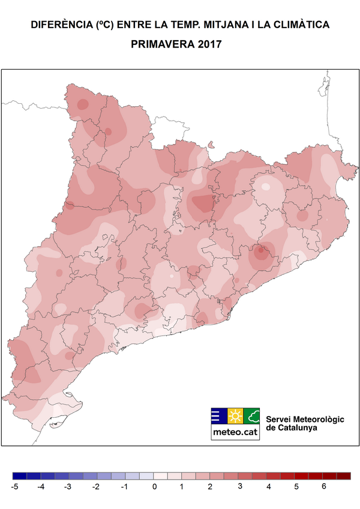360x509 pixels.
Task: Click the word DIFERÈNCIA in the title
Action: (x=61, y=25)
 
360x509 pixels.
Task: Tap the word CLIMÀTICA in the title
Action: (x=300, y=25)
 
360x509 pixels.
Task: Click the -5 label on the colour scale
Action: (x=14, y=487)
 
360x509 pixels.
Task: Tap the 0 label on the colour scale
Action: (x=154, y=487)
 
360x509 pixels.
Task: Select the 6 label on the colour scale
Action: (x=324, y=487)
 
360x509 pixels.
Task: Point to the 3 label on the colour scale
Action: (x=239, y=487)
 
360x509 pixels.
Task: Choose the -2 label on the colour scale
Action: (x=96, y=487)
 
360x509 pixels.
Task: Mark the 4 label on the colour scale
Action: (x=268, y=487)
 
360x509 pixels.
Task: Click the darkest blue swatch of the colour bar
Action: (x=19, y=476)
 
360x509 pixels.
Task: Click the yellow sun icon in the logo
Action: (x=235, y=416)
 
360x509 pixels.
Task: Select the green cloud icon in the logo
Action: (x=252, y=416)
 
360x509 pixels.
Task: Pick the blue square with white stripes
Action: (x=218, y=416)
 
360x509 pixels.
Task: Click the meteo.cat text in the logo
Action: (x=235, y=432)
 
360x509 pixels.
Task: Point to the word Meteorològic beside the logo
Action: (x=316, y=418)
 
